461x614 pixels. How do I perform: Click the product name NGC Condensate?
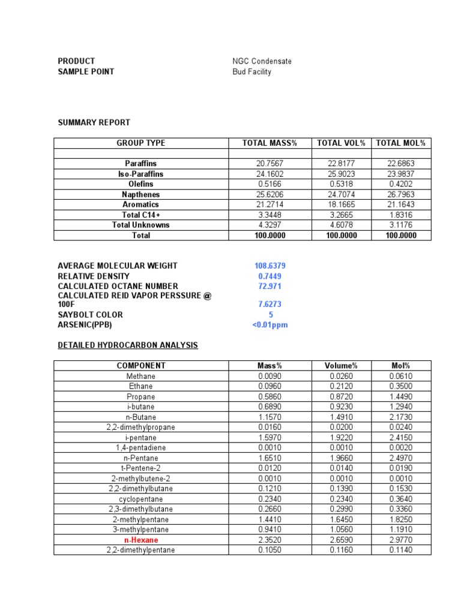(x=262, y=61)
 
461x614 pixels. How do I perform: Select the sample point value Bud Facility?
(x=252, y=72)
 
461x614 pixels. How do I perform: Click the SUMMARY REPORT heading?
(x=94, y=122)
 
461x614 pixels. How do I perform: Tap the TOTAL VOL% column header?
(x=341, y=143)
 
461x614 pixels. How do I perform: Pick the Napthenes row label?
(x=141, y=194)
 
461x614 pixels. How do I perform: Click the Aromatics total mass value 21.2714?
(x=270, y=204)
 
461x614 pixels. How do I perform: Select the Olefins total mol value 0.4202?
(x=402, y=184)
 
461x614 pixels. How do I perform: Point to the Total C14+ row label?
(x=141, y=215)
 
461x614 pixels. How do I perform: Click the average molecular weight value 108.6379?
(x=270, y=266)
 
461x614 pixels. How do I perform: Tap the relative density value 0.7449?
(x=270, y=276)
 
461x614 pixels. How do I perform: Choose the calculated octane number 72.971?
(x=270, y=286)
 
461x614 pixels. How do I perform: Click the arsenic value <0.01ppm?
(x=270, y=325)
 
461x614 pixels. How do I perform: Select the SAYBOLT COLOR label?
(x=90, y=315)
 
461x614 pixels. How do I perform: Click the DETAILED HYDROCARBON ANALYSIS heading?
(x=128, y=345)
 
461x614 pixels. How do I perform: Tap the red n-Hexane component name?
(x=141, y=540)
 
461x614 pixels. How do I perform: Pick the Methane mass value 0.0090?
(x=270, y=376)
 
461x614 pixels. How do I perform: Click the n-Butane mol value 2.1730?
(x=402, y=417)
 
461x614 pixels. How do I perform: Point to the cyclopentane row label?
(x=141, y=499)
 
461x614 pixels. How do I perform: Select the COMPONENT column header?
(x=141, y=366)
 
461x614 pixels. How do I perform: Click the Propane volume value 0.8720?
(x=341, y=396)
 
